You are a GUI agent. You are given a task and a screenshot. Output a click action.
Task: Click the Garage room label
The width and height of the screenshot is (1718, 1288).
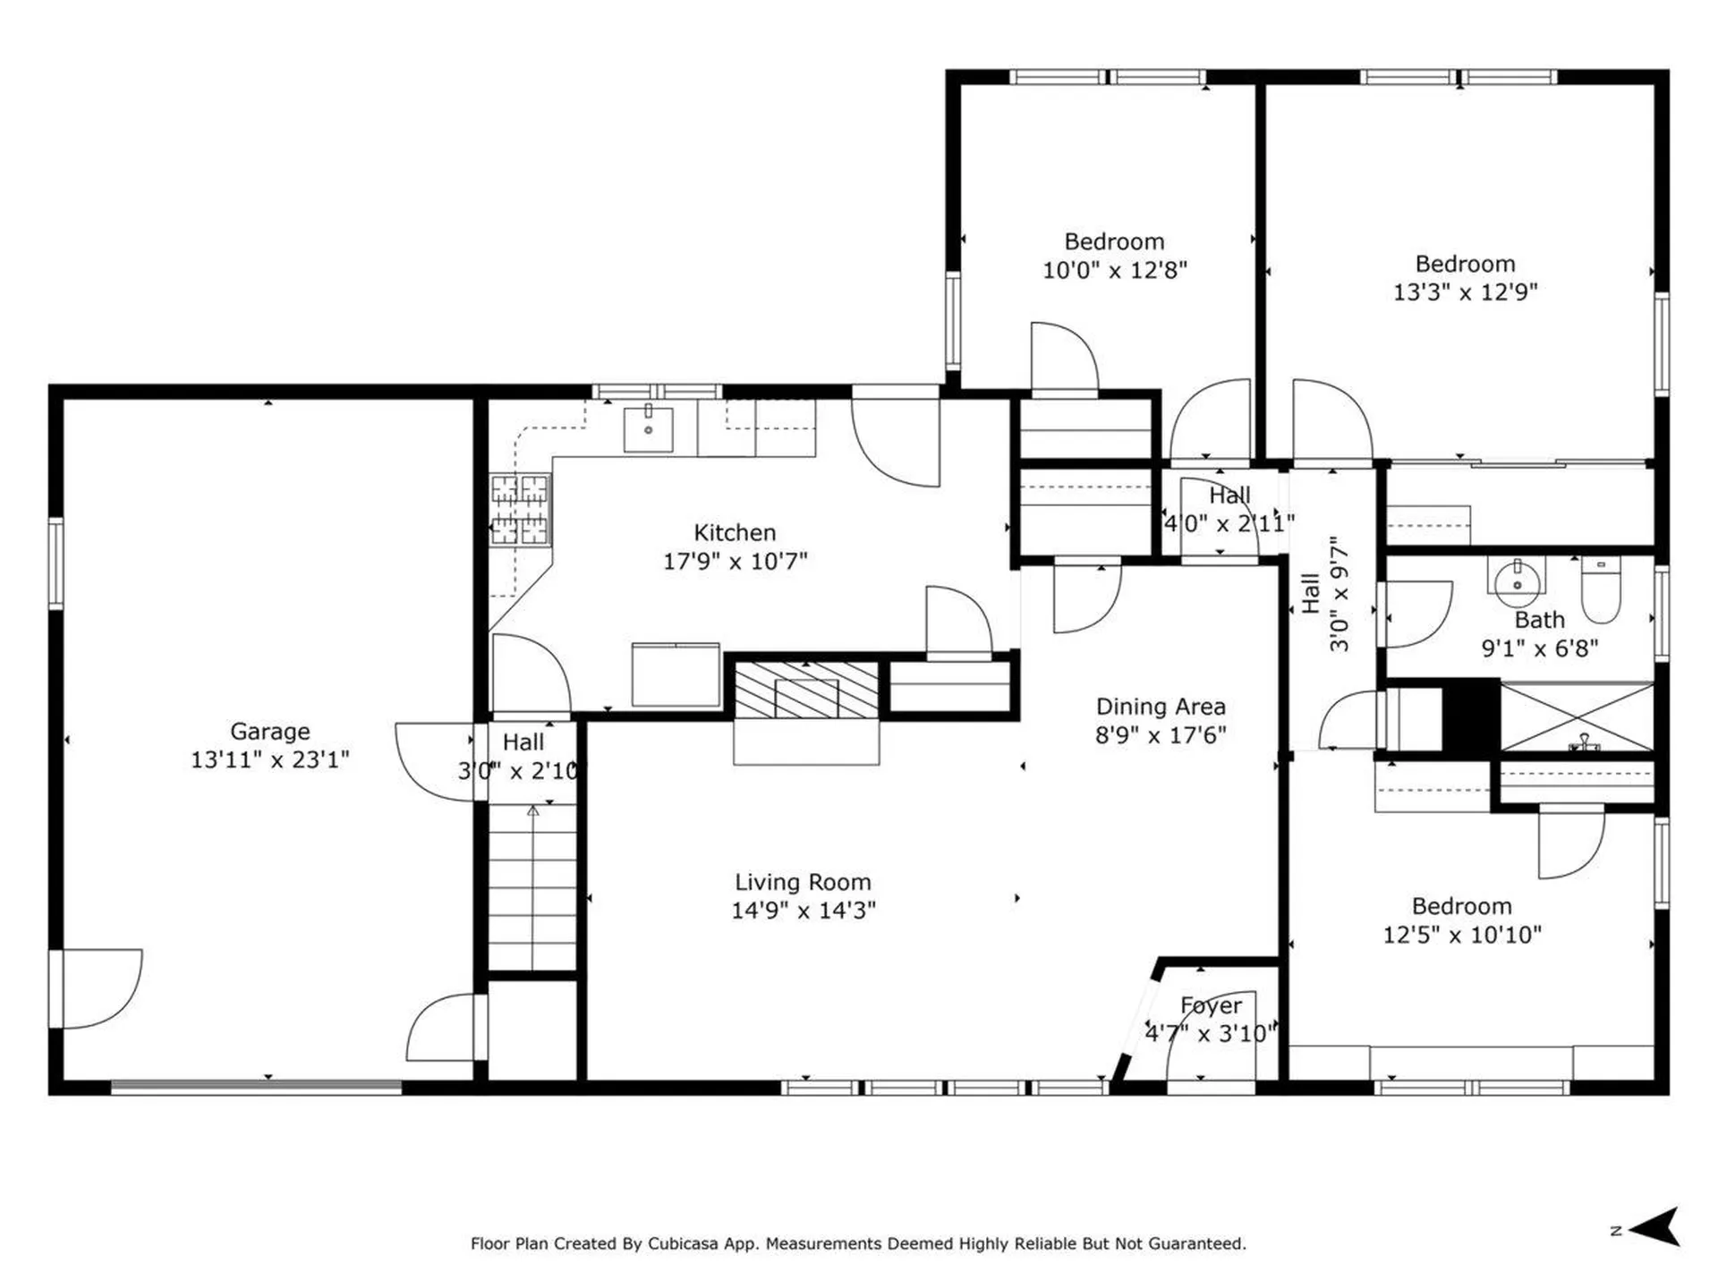point(269,731)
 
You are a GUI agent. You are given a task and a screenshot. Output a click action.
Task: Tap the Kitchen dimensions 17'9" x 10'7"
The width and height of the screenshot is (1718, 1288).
point(735,561)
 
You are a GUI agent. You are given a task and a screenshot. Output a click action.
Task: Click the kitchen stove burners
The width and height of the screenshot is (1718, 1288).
point(520,510)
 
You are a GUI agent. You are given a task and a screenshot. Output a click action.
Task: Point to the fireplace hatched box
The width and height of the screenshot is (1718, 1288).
point(806,691)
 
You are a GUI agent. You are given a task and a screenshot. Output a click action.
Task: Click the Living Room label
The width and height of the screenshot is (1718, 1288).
point(803,882)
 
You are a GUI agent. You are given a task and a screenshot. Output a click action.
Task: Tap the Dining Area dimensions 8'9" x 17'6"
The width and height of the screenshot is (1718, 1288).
point(1161,735)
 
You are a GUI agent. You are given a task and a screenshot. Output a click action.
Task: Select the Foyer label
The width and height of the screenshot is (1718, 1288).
point(1211,1005)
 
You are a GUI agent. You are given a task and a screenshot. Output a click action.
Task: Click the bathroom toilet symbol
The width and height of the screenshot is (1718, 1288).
point(1601,589)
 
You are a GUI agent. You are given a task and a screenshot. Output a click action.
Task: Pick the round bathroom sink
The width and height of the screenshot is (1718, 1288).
point(1517,579)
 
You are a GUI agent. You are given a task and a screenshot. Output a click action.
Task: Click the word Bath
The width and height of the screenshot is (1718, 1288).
point(1539,620)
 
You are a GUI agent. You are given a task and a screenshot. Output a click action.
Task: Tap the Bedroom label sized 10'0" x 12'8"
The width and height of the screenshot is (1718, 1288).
point(1114,241)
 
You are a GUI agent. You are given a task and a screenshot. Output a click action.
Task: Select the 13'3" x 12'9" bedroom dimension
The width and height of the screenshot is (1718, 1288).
point(1465,292)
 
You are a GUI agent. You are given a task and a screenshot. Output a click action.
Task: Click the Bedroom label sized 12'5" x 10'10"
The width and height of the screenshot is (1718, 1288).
point(1461,906)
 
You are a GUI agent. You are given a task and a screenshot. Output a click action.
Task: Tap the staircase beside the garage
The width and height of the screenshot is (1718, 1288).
point(532,885)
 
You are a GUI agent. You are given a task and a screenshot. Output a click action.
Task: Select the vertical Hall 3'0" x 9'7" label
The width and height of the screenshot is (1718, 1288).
point(1324,594)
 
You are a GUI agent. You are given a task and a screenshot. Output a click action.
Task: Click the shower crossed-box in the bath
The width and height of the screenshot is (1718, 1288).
point(1576,717)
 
